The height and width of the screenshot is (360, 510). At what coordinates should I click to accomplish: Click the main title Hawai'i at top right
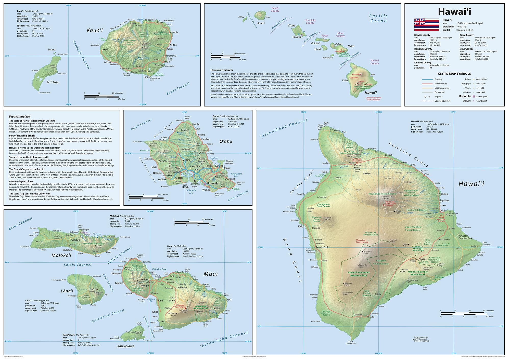[454, 12]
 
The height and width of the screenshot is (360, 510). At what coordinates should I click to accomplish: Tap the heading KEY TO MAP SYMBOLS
[454, 74]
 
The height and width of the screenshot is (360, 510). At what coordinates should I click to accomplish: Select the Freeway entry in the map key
[438, 79]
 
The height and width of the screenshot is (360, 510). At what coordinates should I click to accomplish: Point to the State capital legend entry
[482, 97]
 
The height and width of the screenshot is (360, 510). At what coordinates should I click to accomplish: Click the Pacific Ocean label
[378, 18]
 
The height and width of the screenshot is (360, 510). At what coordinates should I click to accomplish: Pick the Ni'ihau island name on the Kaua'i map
[53, 82]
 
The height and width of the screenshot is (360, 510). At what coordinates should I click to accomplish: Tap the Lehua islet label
[52, 50]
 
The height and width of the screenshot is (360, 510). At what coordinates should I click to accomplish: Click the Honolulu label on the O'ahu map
[212, 183]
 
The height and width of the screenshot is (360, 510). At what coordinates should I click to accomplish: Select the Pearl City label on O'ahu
[195, 167]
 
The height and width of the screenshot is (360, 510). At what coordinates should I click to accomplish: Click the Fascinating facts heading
[20, 117]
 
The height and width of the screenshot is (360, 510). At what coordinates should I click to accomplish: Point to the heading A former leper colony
[21, 181]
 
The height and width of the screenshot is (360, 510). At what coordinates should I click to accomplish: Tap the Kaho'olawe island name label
[125, 346]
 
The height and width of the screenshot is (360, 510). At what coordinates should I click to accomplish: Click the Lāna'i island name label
[67, 291]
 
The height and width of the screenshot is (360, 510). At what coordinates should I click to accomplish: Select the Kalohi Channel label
[78, 265]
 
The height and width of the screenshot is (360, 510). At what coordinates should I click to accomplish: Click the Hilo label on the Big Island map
[443, 210]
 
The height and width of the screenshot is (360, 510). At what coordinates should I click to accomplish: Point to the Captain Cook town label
[322, 247]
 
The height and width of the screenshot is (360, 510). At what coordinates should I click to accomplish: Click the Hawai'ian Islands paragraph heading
[222, 70]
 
